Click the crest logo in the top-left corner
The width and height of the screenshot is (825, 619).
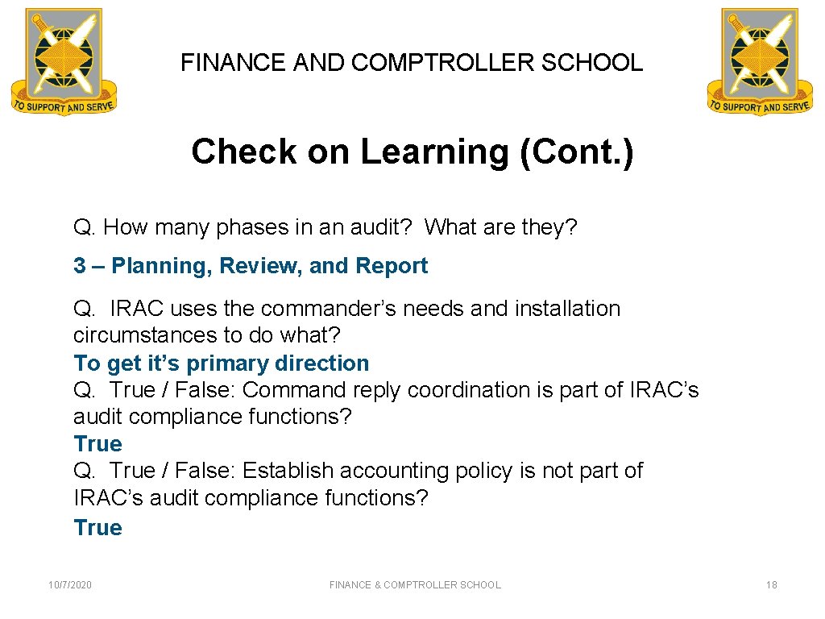click(64, 61)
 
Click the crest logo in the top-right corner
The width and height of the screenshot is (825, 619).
click(760, 61)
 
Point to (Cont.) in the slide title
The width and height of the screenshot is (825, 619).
click(577, 152)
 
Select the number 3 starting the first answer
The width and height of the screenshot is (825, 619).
click(80, 266)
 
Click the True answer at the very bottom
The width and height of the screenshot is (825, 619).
click(97, 528)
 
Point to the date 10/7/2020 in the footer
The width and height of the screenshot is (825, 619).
click(70, 585)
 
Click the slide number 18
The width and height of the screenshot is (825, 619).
click(771, 585)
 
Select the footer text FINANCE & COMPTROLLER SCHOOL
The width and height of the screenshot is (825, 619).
click(415, 585)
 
